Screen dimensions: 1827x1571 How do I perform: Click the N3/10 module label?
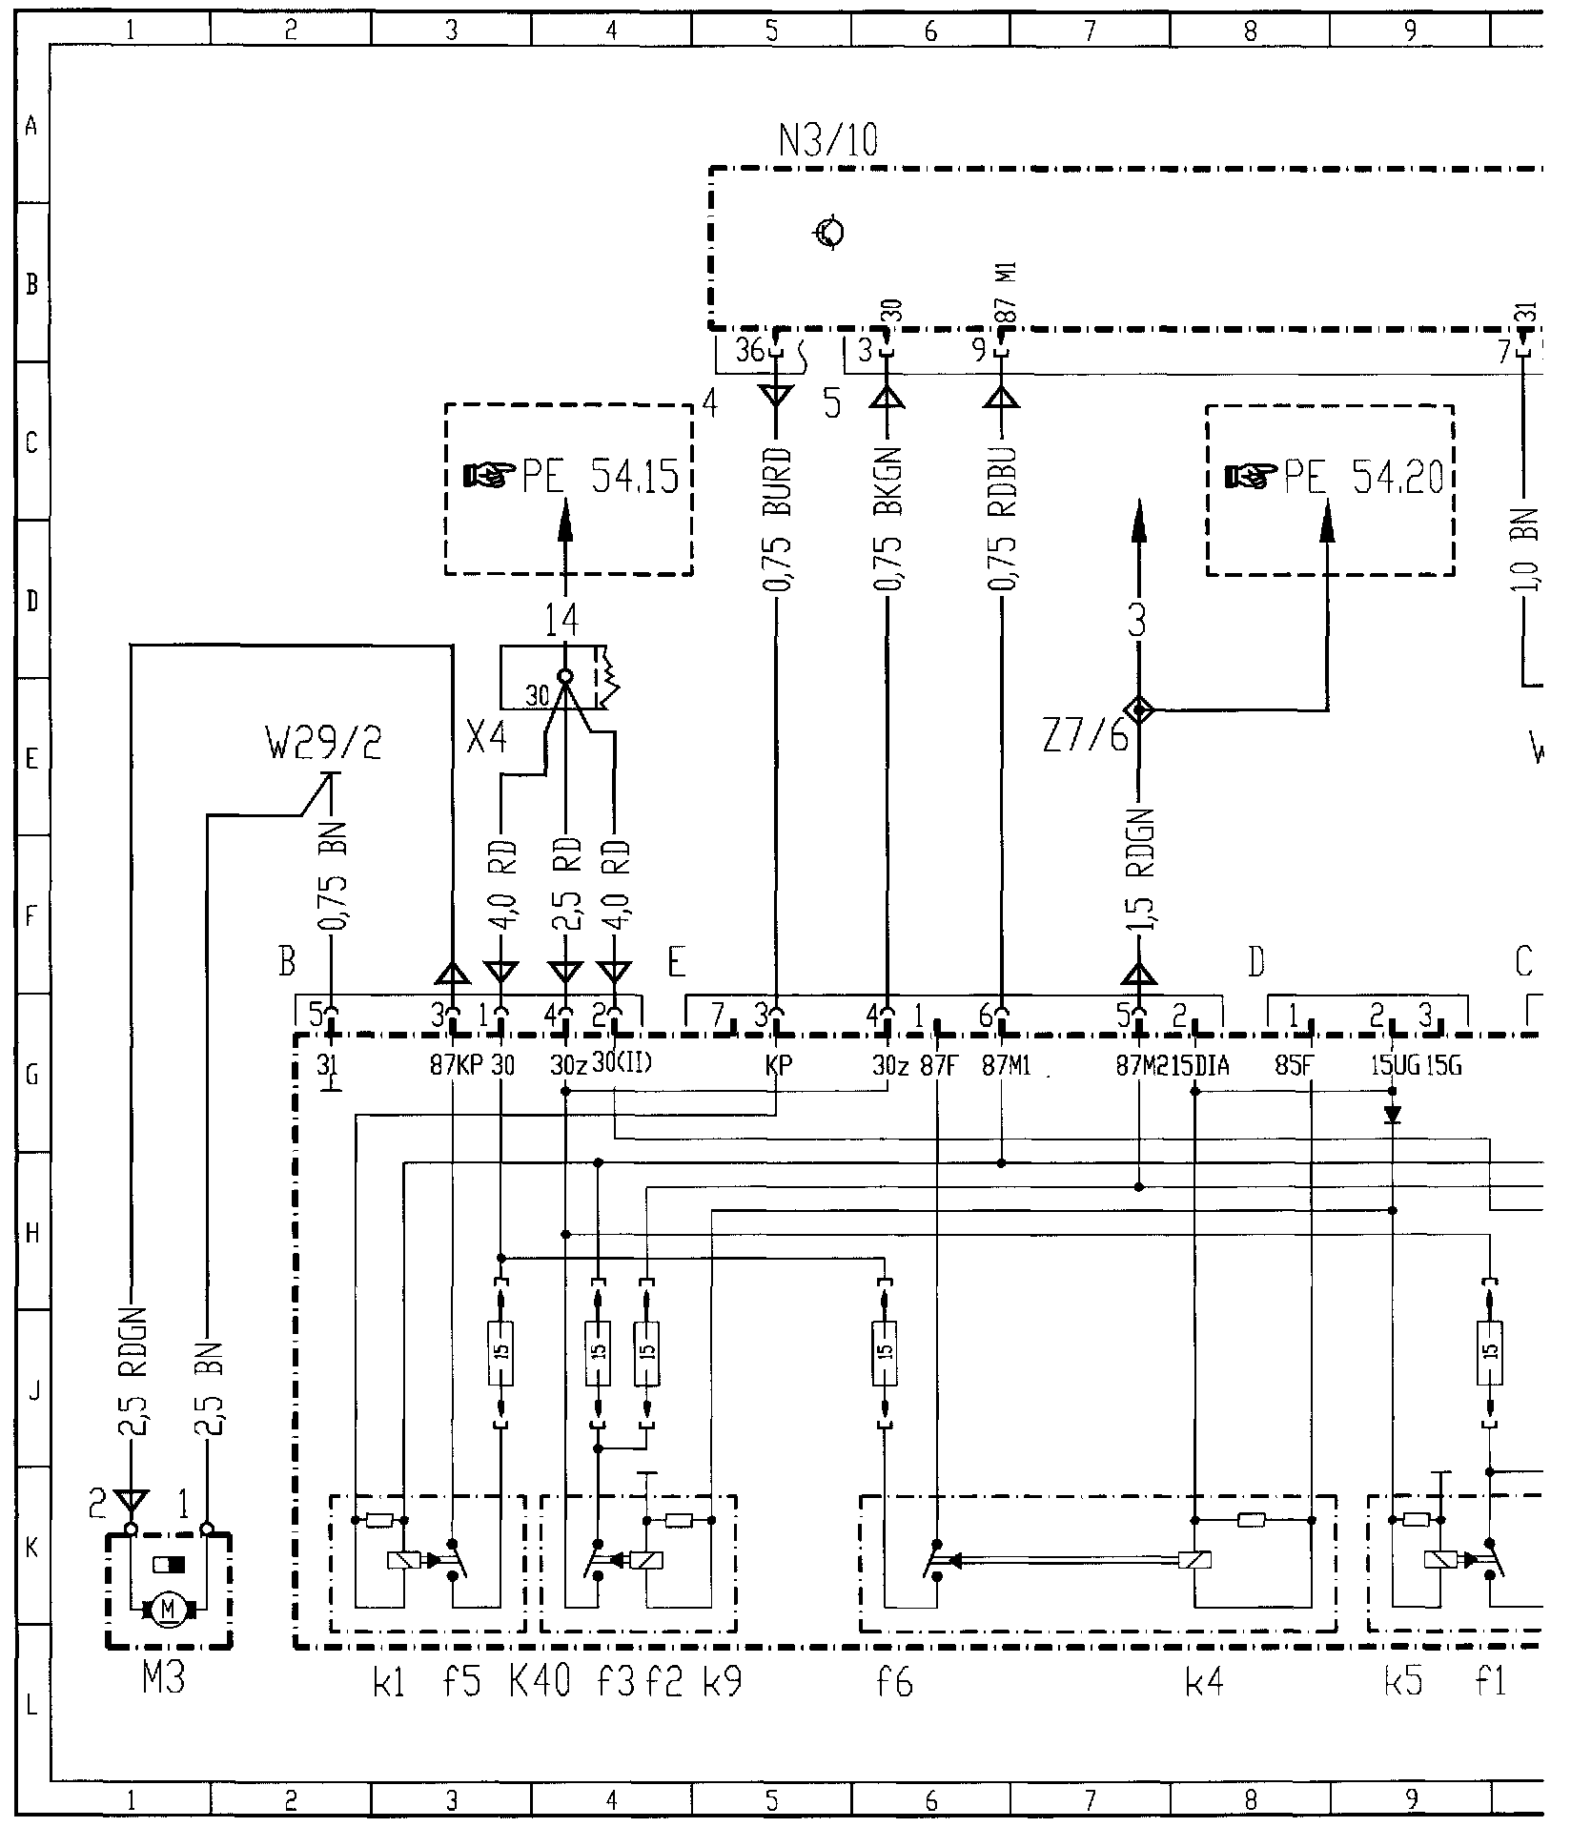[827, 141]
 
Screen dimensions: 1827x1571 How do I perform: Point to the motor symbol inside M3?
[169, 1610]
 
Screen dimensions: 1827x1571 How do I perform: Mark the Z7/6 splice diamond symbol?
[1139, 709]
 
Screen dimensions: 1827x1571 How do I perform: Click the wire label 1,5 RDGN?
[1139, 870]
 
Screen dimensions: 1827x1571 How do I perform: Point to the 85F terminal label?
[1294, 1065]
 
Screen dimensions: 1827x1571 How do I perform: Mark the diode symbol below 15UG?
[1393, 1114]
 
